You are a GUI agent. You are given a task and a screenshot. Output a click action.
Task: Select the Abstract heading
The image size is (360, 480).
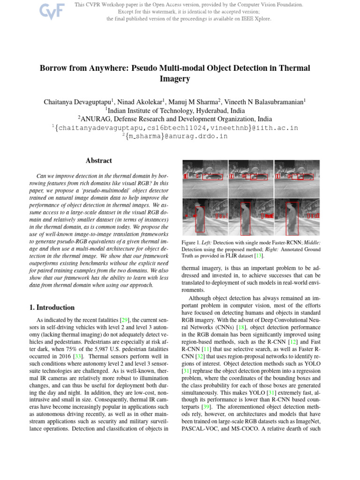tap(98, 161)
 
